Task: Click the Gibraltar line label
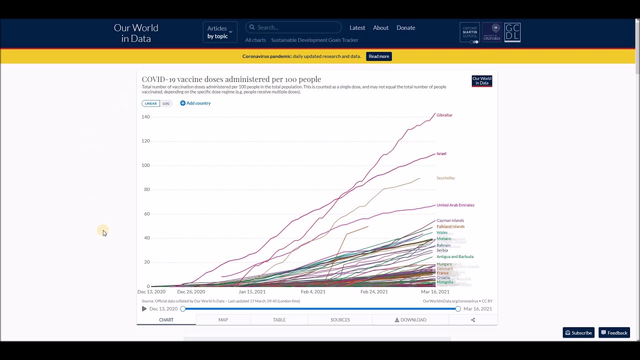tap(444, 115)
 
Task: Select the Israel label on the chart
tap(441, 153)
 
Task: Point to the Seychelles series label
tap(445, 178)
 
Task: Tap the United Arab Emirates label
tap(455, 205)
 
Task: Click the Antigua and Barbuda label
tap(454, 256)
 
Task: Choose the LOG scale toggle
tap(166, 103)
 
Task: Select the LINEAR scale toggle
tap(150, 103)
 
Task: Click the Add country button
tap(195, 103)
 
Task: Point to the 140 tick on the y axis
tap(145, 116)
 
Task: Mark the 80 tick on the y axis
tap(146, 189)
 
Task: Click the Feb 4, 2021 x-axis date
tap(313, 291)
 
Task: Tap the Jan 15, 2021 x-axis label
tap(252, 291)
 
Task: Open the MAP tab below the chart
tap(223, 319)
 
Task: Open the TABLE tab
tap(279, 319)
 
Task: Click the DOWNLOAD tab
tap(410, 319)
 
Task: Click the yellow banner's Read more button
tap(378, 56)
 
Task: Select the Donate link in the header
tap(405, 28)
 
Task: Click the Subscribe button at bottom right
tap(578, 332)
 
